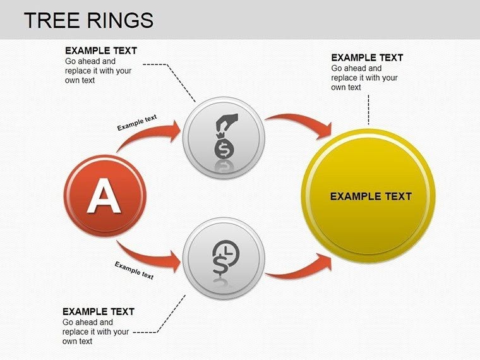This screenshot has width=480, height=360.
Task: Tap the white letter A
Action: coord(104,196)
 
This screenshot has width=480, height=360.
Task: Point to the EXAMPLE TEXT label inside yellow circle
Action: coord(371,196)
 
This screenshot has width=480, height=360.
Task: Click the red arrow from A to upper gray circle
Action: coord(152,138)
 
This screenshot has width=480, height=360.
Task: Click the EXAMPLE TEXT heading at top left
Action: coord(101,51)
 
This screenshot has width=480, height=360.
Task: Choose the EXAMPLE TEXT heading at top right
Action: coord(367,57)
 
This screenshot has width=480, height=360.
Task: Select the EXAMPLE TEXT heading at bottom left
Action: coord(99,311)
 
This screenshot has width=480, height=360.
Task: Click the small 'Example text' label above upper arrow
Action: coord(137,122)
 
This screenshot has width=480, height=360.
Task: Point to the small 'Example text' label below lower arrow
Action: coord(134,270)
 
